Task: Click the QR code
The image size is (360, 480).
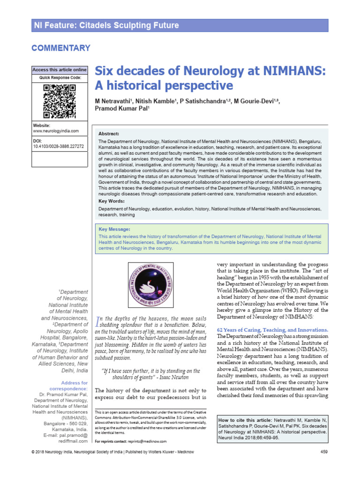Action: [59, 101]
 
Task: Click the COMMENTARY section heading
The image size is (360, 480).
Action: [60, 48]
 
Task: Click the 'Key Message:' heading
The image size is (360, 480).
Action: [114, 229]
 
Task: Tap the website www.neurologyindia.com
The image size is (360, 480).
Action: [56, 131]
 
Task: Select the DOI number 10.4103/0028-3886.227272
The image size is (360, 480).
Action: [58, 146]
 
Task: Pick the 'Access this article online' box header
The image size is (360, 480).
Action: [59, 70]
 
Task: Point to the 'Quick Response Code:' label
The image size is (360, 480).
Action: [60, 77]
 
